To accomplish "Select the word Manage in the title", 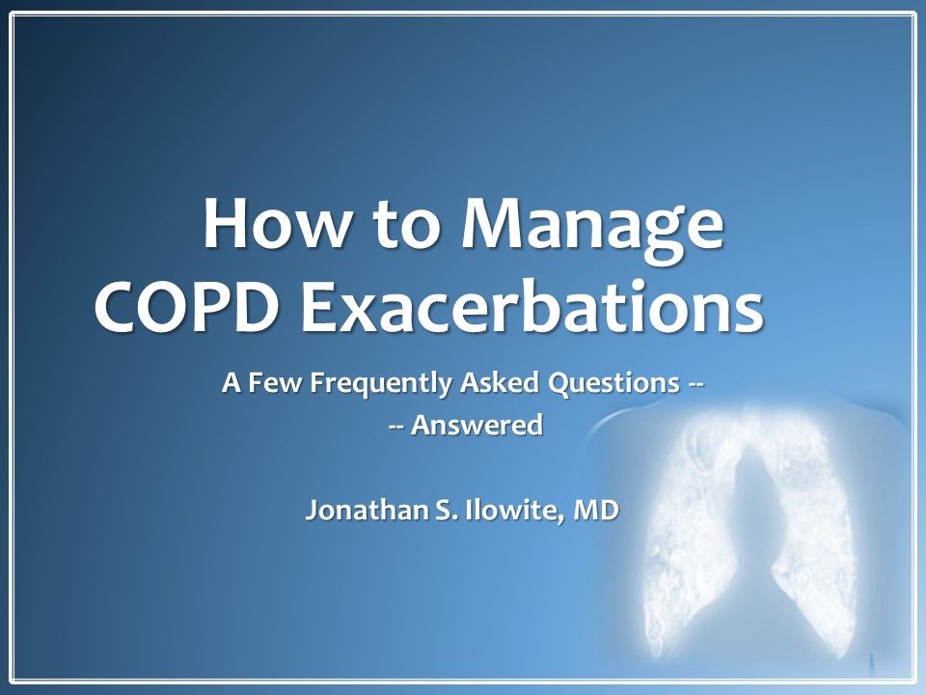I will [x=576, y=230].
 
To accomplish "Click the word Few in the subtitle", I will [x=277, y=383].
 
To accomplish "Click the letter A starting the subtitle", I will [x=231, y=383].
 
